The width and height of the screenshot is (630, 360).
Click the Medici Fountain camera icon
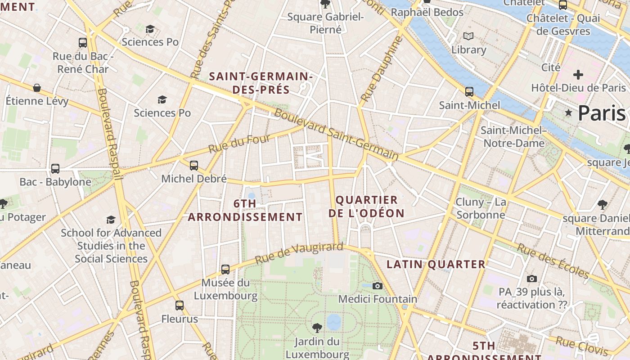point(378,286)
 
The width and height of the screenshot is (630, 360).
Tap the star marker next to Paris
point(569,113)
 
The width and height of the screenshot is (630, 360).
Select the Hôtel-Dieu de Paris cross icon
point(578,74)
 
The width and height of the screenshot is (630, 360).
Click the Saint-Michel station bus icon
point(469,92)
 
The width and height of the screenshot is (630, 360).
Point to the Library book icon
point(468,36)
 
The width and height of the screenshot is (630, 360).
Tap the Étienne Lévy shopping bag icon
point(37,88)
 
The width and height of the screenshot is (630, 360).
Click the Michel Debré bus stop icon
point(194,165)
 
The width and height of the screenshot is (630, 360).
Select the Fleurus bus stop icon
point(180,306)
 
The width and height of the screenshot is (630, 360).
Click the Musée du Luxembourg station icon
point(225,270)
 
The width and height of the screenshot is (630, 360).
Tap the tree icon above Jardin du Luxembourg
point(317,328)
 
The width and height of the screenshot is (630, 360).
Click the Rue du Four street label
point(239,143)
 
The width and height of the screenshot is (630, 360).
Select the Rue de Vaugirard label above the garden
point(299,253)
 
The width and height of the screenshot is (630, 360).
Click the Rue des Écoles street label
point(553,261)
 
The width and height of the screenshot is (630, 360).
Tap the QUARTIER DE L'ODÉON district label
point(366,207)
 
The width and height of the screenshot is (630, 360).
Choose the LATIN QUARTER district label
point(436,264)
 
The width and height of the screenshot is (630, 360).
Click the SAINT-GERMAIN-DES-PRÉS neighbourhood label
point(261,83)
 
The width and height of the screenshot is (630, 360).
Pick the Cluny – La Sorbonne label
point(481,208)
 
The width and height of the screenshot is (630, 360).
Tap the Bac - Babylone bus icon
point(55,169)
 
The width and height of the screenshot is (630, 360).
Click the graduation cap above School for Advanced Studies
point(111,220)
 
